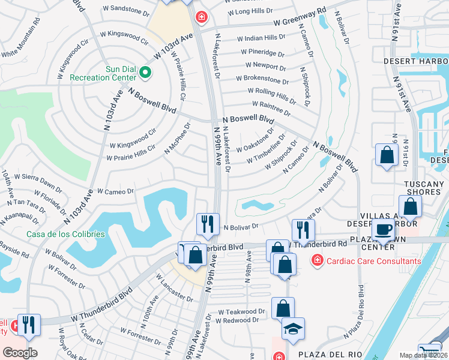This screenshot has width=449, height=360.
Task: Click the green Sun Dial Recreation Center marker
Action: [x=145, y=73]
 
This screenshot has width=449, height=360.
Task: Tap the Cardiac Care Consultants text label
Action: [x=365, y=260]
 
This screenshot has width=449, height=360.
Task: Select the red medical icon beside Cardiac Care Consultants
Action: [x=316, y=260]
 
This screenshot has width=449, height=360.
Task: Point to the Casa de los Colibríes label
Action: [x=65, y=234]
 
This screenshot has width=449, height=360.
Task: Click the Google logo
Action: [x=20, y=352]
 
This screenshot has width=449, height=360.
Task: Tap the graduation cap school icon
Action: [x=294, y=329]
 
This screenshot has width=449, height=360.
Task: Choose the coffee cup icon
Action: [x=382, y=229]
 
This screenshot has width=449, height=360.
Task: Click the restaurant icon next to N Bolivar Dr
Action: [x=208, y=224]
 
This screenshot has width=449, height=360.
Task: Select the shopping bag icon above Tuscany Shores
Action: [x=387, y=154]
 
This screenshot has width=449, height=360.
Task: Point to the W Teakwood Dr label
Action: [x=241, y=312]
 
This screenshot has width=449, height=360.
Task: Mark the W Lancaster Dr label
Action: [x=174, y=289]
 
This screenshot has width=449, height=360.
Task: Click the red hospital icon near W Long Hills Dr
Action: [x=203, y=16]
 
